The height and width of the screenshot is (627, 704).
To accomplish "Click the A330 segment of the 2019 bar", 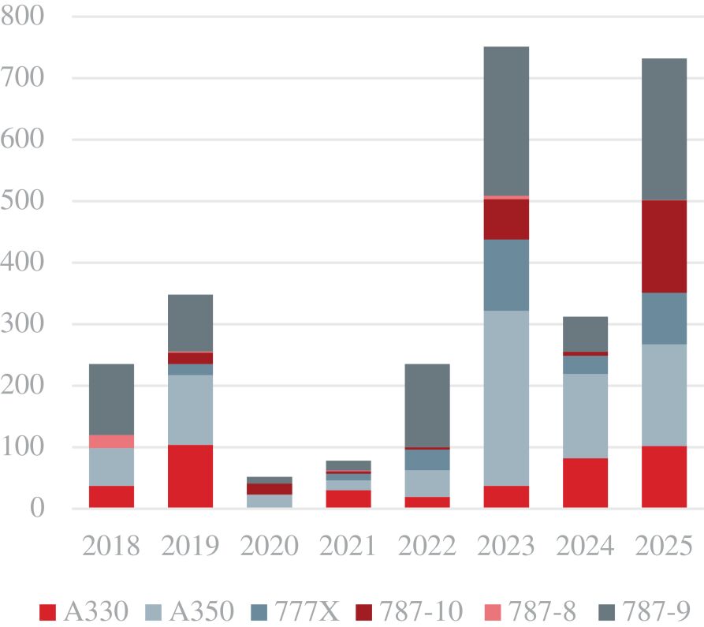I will tap(190, 476).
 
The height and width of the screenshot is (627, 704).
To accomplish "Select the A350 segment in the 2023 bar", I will tap(506, 397).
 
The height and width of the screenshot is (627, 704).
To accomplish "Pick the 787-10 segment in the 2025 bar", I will tap(664, 246).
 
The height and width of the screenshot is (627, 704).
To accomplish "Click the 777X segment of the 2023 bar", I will tap(506, 274).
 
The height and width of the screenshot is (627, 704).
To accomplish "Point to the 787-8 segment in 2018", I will tap(111, 441).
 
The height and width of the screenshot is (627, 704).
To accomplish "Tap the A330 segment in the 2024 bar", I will tap(585, 483).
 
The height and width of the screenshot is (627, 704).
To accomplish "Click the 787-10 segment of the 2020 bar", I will tap(269, 489).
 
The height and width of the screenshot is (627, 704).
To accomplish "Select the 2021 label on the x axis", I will tap(348, 546).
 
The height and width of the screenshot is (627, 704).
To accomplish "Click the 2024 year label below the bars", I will tap(585, 546).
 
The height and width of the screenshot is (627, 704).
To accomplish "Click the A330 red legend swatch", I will tap(48, 610).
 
